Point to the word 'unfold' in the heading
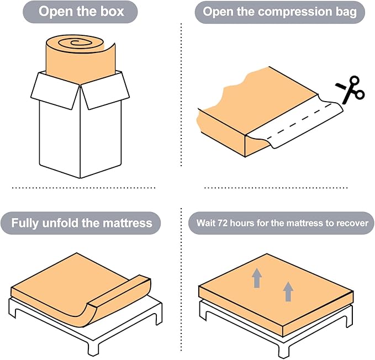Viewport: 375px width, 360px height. (60, 223)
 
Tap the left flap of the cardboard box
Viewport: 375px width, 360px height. (55, 91)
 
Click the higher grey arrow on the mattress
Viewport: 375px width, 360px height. (257, 278)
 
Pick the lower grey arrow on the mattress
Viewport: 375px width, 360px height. (288, 292)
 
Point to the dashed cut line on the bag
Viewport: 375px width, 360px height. (299, 121)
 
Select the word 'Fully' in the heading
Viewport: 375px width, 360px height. (25, 223)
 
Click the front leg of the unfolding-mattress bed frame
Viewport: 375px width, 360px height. (93, 348)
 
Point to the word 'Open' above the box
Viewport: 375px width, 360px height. (56, 12)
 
